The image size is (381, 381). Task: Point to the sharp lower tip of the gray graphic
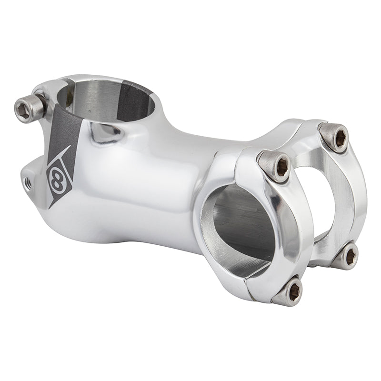[51, 206]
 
